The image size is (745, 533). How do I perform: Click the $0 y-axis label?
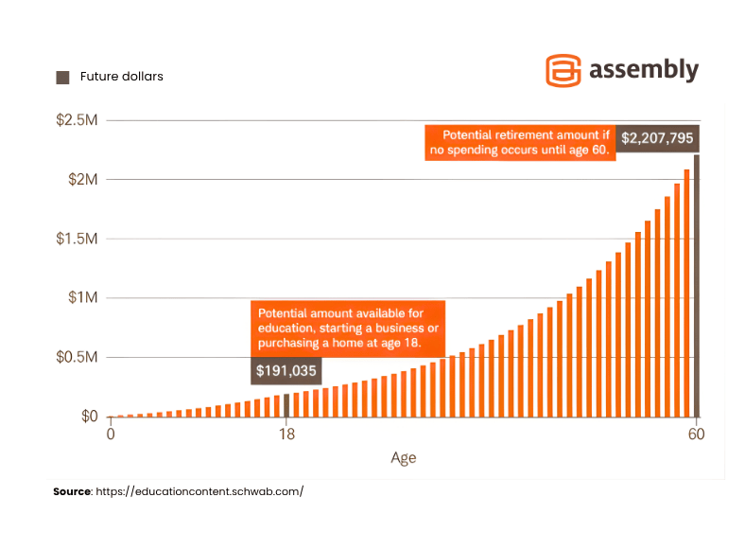89,417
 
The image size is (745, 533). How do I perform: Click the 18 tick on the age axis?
286,435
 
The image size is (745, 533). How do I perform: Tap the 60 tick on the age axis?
697,435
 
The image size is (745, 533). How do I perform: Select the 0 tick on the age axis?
111,435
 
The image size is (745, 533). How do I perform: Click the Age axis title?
404,458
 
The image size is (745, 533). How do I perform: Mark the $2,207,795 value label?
658,138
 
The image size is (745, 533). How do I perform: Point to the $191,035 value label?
286,371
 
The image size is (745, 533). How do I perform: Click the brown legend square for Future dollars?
62,77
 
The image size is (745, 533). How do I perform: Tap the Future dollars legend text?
122,77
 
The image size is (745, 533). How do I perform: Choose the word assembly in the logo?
644,70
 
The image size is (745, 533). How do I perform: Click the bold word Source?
71,492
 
